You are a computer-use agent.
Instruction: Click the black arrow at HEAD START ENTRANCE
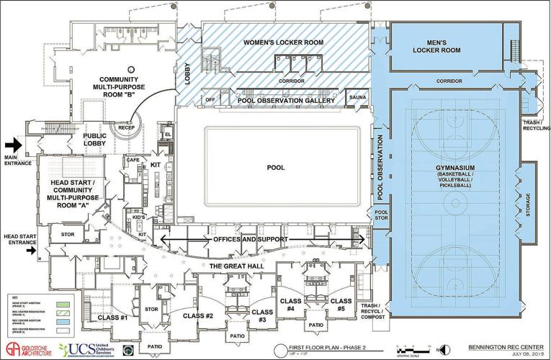(x=30, y=251)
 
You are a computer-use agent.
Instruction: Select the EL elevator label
(x=168, y=135)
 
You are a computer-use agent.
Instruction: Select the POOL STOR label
(x=381, y=216)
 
